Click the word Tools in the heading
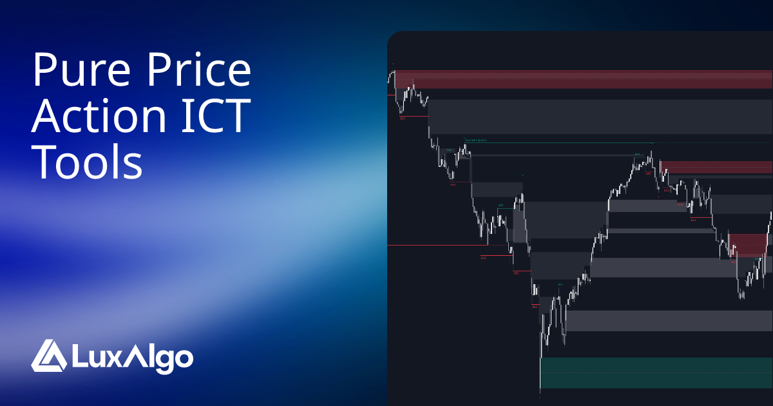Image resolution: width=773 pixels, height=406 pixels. pos(88,162)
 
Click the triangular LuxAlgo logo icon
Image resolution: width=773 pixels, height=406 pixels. pos(49,355)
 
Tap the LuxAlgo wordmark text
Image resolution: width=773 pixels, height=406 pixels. pos(131,356)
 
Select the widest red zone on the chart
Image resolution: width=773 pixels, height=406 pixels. pos(583,79)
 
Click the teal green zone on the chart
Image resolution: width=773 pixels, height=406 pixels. pos(656,373)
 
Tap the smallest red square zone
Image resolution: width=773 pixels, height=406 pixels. pos(749,246)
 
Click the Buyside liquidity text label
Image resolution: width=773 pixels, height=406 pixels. pos(475,140)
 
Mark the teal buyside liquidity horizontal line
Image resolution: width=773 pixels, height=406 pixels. pos(580,142)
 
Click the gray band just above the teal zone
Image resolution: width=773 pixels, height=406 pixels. pos(669,320)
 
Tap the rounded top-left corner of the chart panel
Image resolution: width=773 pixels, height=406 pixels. pos(392,35)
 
